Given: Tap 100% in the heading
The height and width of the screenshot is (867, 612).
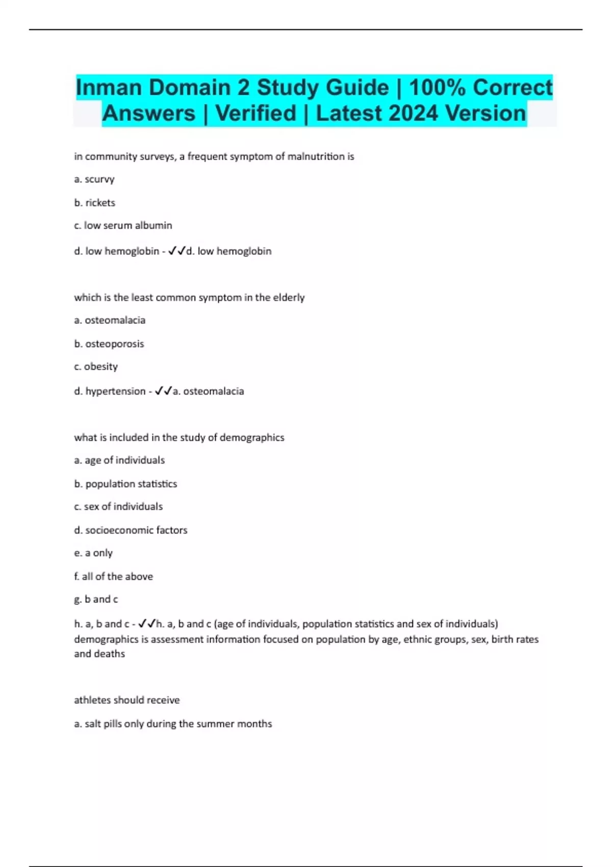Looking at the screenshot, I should pos(437,88).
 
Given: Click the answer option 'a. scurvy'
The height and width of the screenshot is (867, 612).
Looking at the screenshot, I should pos(94,180).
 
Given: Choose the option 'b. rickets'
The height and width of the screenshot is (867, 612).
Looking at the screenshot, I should pos(95,203).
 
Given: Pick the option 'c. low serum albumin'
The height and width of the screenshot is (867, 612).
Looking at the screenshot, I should pos(123,225).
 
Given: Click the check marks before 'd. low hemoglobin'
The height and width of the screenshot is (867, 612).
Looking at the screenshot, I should pos(176,251).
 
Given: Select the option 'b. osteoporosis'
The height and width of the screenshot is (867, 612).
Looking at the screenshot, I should pos(109,344).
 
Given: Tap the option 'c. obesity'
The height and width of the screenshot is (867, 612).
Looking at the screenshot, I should pos(96,367).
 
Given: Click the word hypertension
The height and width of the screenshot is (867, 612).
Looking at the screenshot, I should pos(115,392).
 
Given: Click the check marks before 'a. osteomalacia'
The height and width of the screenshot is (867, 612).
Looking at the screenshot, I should pos(163,391).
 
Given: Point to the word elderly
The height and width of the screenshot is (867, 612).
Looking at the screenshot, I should pos(289,298).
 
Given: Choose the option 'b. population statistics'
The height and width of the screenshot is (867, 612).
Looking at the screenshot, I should pos(125,484).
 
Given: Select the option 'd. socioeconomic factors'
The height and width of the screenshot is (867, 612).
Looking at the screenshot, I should pos(131,530).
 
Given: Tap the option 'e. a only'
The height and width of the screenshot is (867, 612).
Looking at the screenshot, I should pos(93,553).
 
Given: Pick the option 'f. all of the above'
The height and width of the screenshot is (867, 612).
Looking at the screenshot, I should pos(114,577).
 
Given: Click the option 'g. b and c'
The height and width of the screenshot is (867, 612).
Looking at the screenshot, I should pos(96,600).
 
